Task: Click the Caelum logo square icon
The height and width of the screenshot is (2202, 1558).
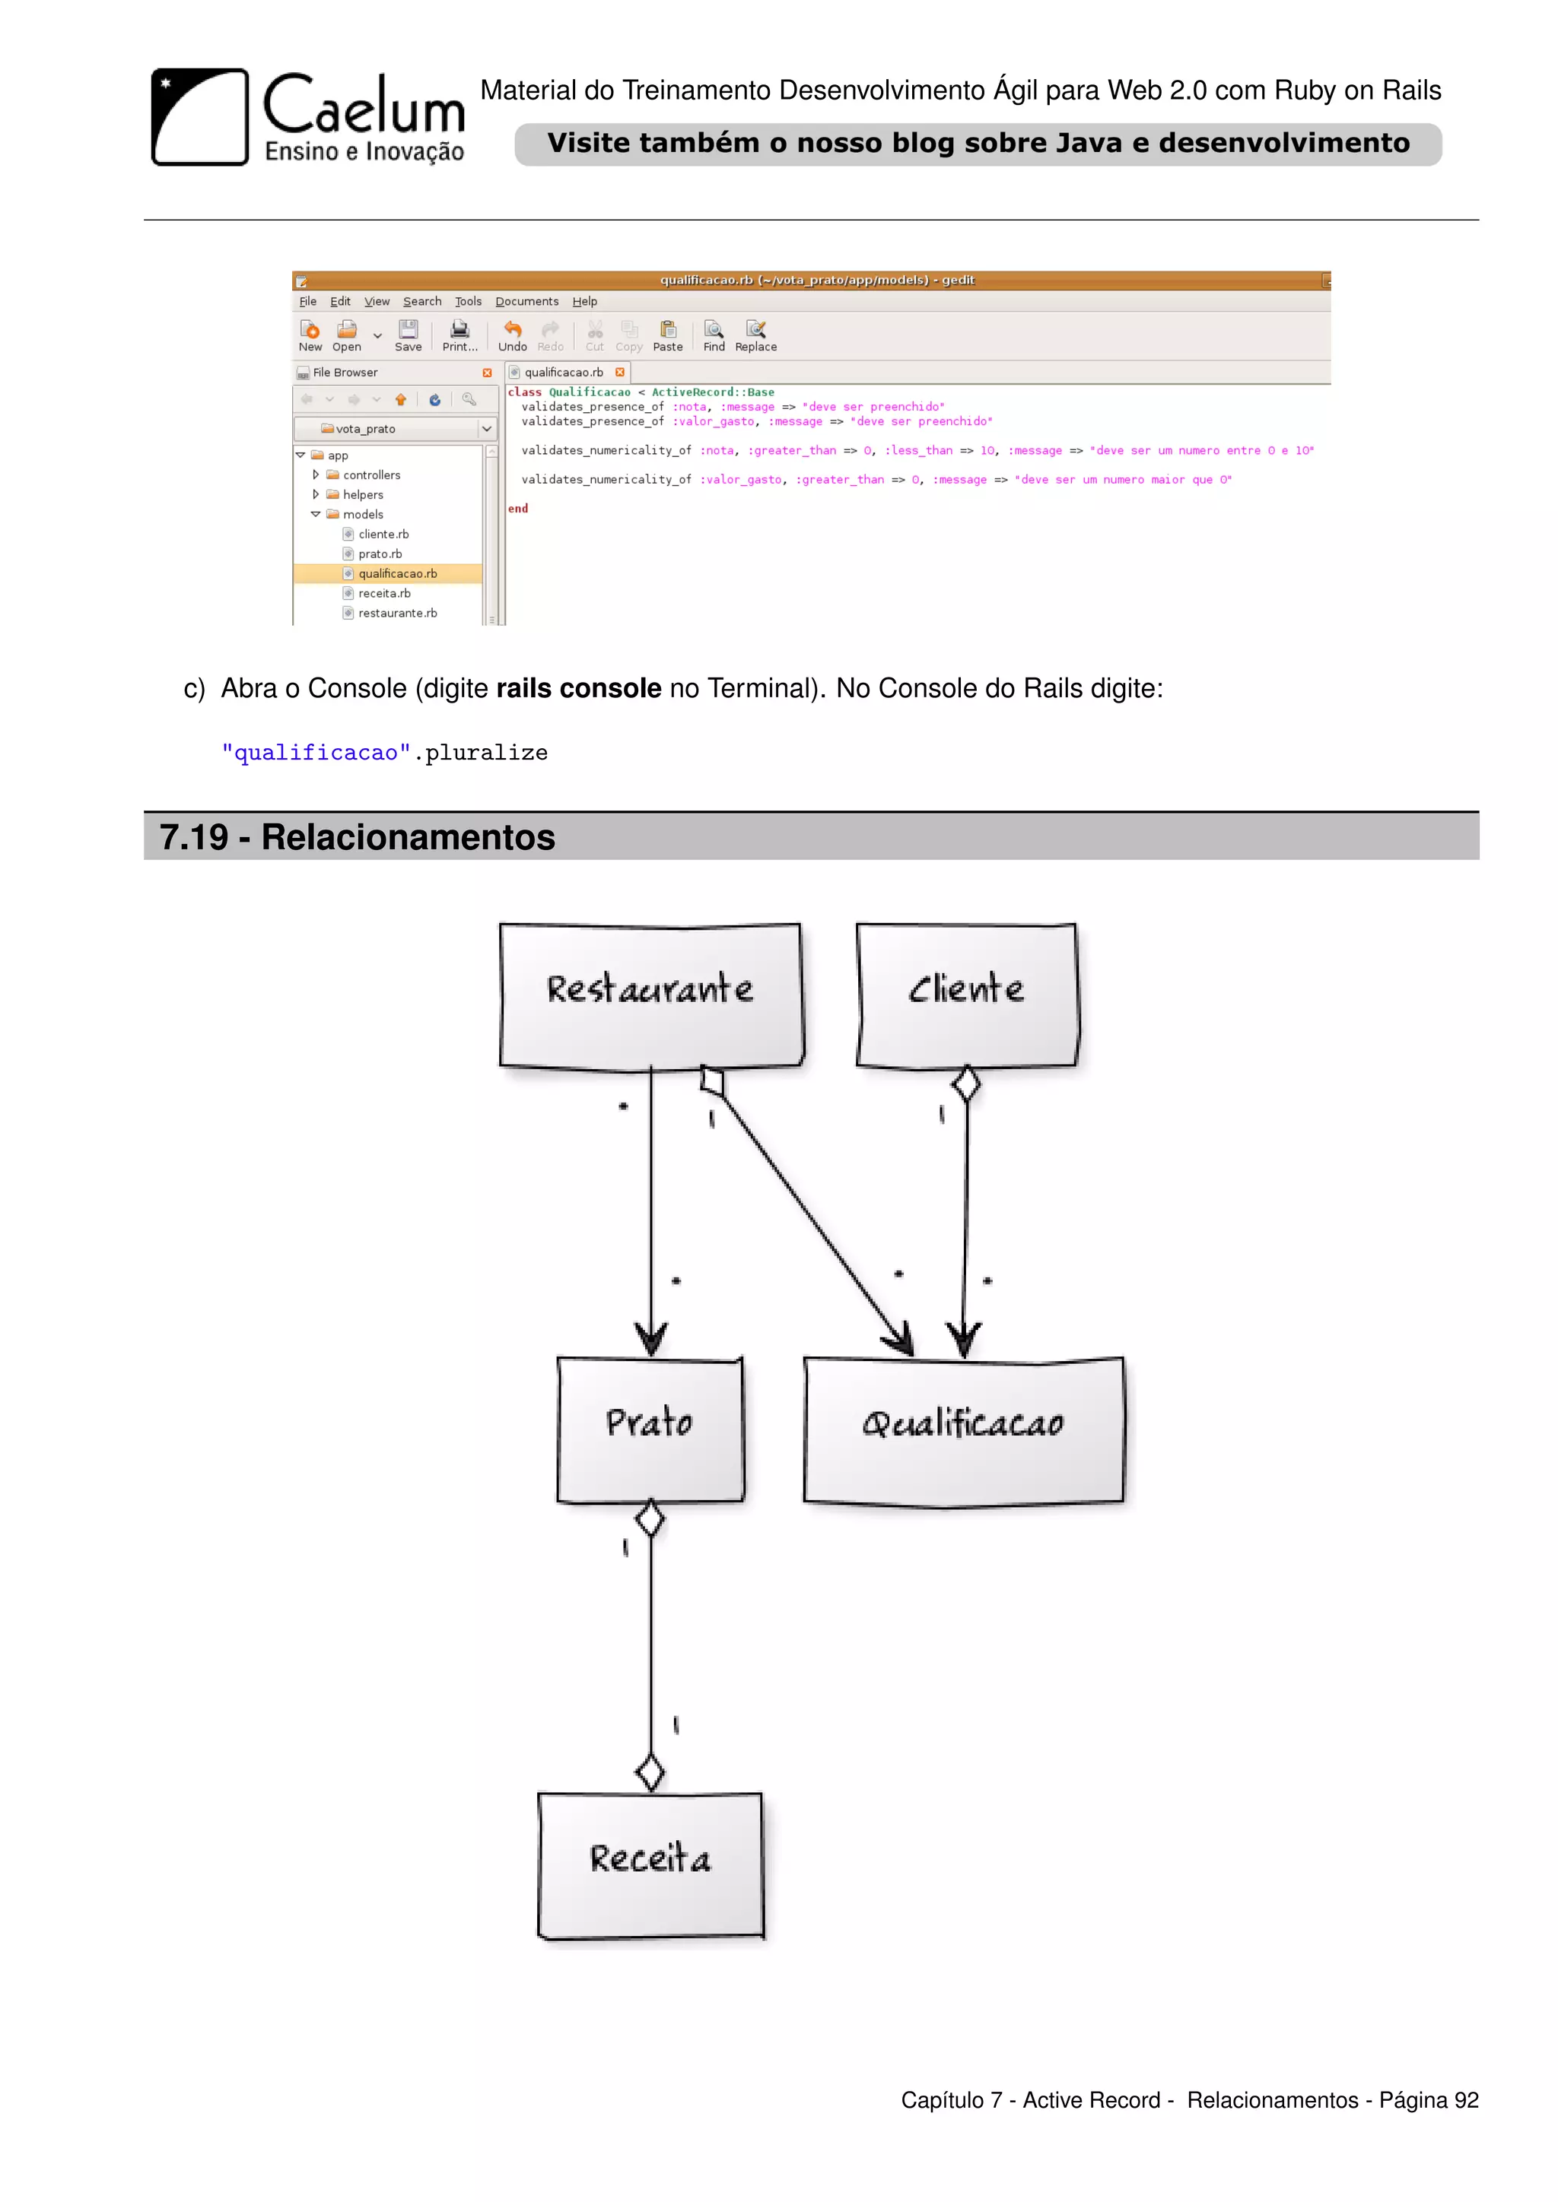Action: tap(199, 117)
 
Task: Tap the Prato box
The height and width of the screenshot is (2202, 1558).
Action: tap(650, 1427)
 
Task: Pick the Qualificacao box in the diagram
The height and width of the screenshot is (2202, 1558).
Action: tap(963, 1429)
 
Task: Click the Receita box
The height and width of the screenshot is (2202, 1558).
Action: tap(650, 1864)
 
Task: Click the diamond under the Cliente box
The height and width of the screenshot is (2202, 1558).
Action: tap(966, 1084)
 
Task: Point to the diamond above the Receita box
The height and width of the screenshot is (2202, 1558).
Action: tap(650, 1772)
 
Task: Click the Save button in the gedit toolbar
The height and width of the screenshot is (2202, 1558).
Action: tap(408, 335)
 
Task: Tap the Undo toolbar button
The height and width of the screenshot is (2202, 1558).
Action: tap(512, 335)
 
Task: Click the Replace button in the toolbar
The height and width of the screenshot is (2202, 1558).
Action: tap(756, 335)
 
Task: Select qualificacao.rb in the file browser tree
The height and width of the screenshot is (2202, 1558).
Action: tap(397, 573)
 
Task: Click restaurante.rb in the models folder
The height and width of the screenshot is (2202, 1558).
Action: tap(397, 613)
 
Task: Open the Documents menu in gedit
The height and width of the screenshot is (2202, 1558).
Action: tap(526, 301)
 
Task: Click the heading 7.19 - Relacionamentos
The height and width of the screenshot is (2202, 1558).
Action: tap(357, 837)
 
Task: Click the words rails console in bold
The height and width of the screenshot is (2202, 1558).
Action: tap(578, 689)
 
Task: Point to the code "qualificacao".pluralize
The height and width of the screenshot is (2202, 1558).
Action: tap(383, 753)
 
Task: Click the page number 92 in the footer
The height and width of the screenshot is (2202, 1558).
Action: tap(1466, 2100)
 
